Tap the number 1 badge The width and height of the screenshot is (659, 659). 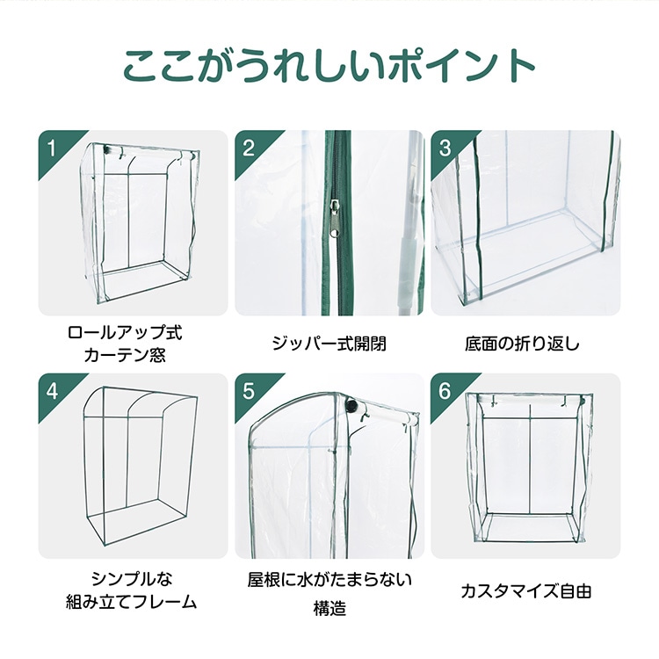pos(52,148)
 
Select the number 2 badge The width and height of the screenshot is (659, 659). pos(249,148)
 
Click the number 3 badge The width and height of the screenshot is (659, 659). pos(445,148)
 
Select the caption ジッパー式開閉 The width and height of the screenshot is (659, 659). pos(329,343)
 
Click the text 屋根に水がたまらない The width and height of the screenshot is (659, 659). pos(329,580)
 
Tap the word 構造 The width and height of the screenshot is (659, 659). pos(329,608)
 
